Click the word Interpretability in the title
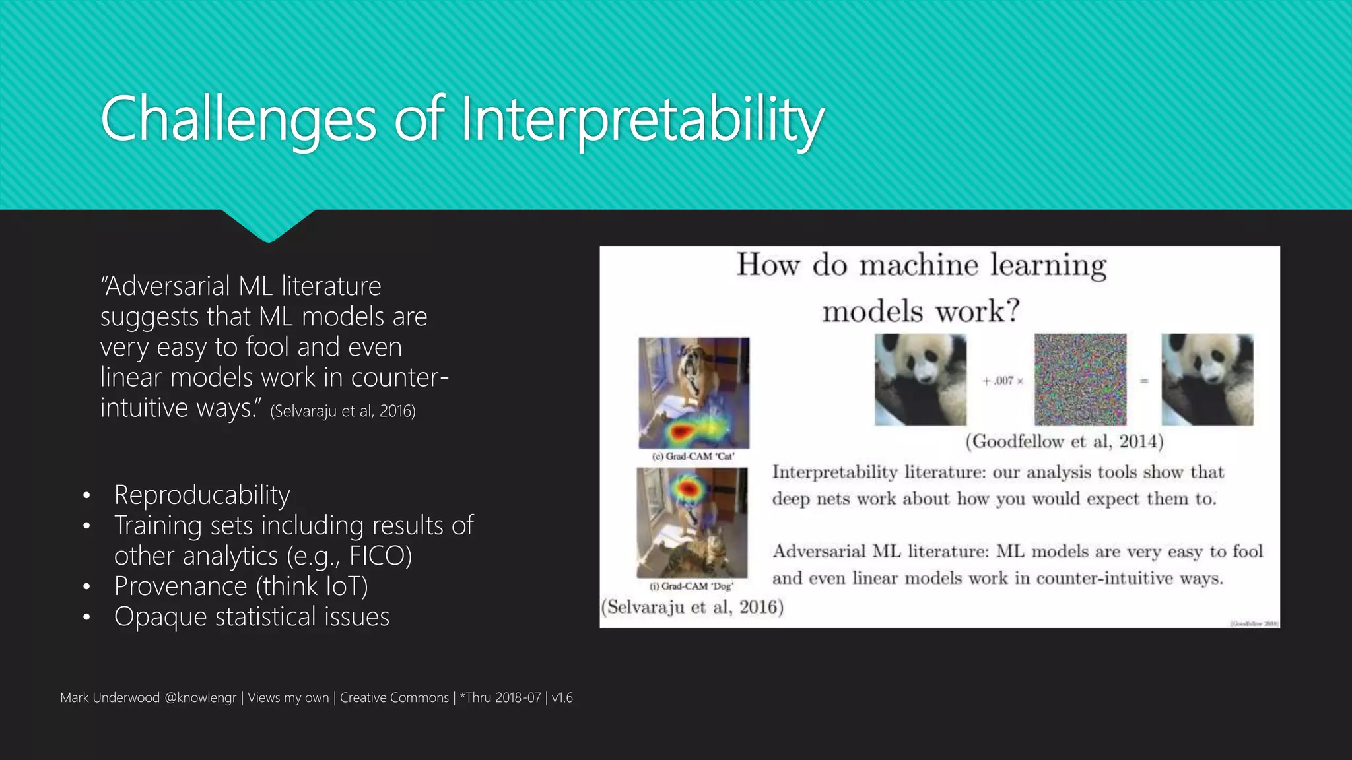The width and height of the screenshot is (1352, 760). (x=642, y=119)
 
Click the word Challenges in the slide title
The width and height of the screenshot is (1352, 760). (x=238, y=119)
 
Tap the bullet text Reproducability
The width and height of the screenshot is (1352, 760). (x=201, y=495)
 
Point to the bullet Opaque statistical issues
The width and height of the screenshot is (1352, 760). (x=252, y=616)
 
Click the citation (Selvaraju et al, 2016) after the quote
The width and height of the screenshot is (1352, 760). (x=343, y=411)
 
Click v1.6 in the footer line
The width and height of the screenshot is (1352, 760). (x=562, y=697)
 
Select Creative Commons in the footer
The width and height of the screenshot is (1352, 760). (x=394, y=697)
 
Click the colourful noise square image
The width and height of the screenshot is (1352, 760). (x=1080, y=379)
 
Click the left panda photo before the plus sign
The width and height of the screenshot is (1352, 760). (x=920, y=379)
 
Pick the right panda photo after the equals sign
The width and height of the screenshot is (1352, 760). (x=1207, y=379)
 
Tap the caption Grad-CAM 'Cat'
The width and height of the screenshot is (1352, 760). (x=693, y=456)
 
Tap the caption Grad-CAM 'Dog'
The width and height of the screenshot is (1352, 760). (x=691, y=586)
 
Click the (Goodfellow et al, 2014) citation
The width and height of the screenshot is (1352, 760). (x=1064, y=441)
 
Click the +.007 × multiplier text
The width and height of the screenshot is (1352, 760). (x=1002, y=381)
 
